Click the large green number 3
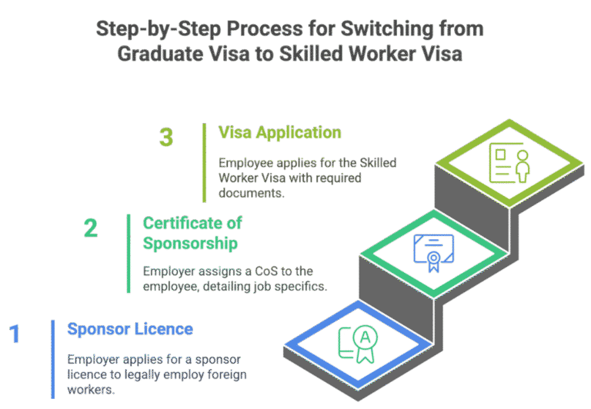[166, 138]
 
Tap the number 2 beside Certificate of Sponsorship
[91, 228]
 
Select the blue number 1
[15, 335]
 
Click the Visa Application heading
[279, 132]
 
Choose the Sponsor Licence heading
[130, 330]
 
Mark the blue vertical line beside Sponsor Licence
[54, 357]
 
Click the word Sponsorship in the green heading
[190, 243]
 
